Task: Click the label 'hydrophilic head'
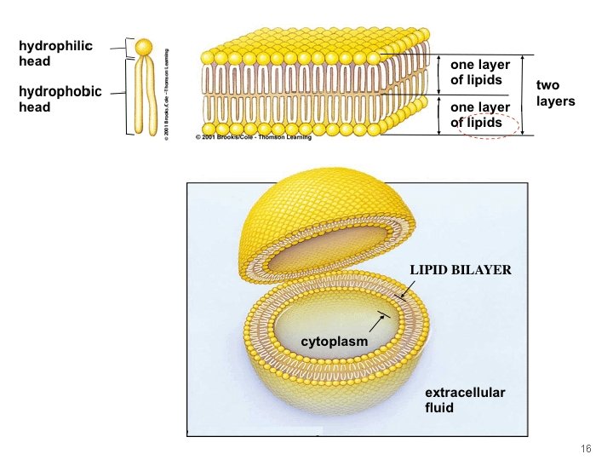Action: click(55, 53)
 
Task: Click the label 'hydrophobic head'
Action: click(60, 99)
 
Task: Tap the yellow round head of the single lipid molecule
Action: click(145, 46)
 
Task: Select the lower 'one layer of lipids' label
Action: click(480, 115)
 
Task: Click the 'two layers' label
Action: click(555, 93)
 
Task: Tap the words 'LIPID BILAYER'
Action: click(460, 270)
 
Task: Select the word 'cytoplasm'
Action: click(335, 342)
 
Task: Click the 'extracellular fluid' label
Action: click(465, 400)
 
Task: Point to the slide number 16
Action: click(585, 449)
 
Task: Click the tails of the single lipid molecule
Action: click(145, 94)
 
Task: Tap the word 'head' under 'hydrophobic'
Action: click(35, 107)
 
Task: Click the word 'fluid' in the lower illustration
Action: click(439, 407)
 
